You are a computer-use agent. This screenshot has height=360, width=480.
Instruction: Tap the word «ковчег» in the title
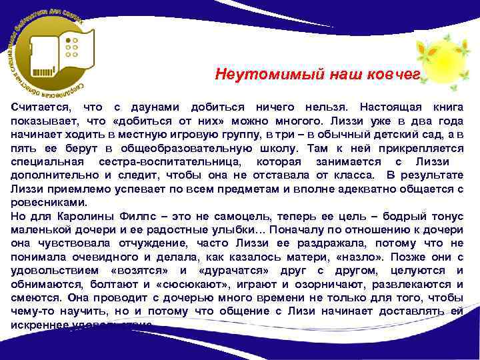[x=393, y=74]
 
